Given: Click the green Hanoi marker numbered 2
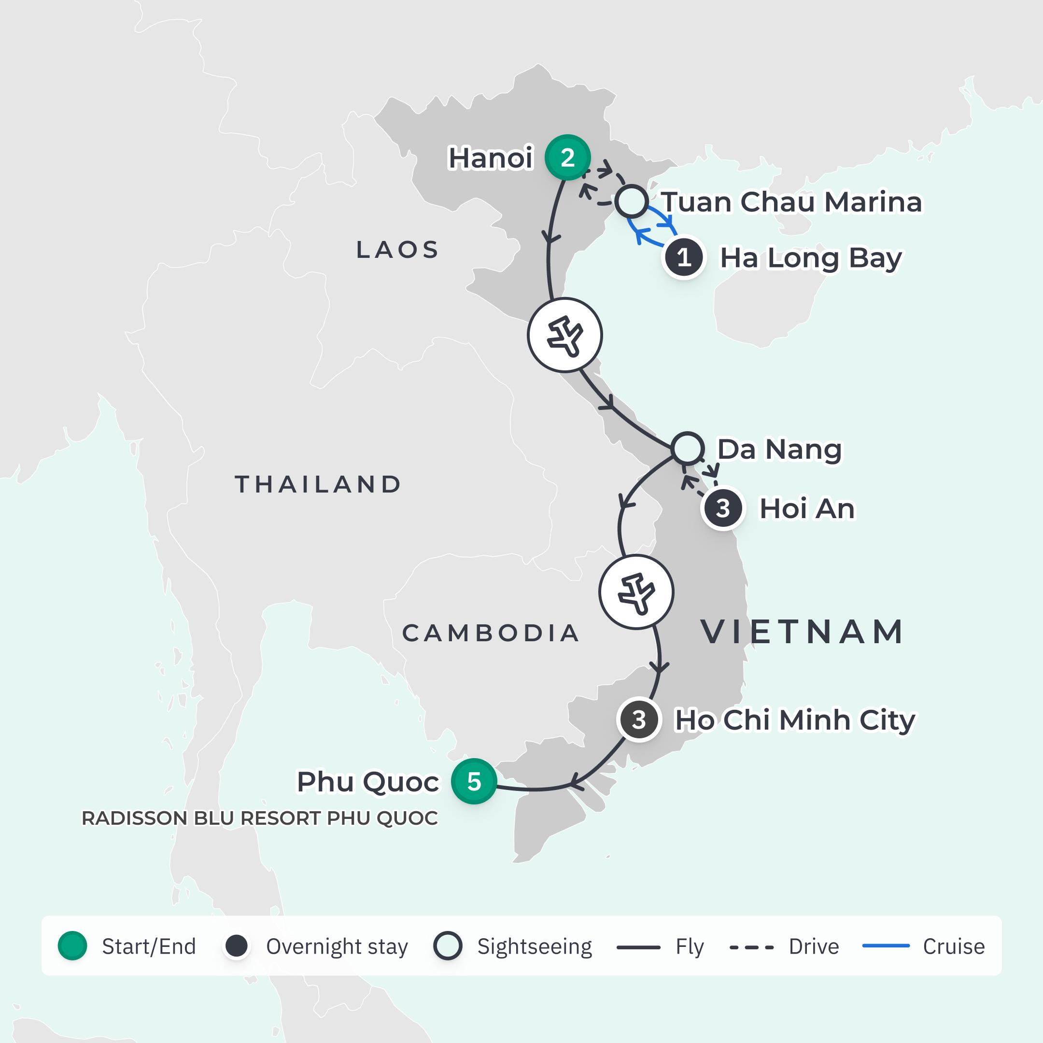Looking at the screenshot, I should click(567, 157).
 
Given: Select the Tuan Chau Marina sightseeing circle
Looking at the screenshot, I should click(632, 201).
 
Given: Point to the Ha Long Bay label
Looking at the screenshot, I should click(810, 258).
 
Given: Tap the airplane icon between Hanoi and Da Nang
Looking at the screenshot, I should click(564, 335).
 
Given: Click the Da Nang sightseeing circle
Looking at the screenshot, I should click(687, 448).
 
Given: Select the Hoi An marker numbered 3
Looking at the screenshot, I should click(723, 508).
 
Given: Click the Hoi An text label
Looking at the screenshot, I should click(807, 508).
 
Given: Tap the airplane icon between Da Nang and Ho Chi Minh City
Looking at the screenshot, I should click(636, 592).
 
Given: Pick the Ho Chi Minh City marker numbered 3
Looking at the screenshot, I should click(639, 719).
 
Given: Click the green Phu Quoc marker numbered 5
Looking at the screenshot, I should click(474, 781).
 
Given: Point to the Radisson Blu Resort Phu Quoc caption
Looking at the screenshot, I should click(260, 818).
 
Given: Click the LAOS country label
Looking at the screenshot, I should click(398, 250).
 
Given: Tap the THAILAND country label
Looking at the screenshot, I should click(319, 484).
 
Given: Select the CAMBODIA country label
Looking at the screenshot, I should click(491, 633).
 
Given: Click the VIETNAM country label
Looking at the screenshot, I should click(803, 632).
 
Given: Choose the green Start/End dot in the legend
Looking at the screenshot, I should click(72, 946).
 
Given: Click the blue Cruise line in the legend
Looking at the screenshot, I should click(886, 946).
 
